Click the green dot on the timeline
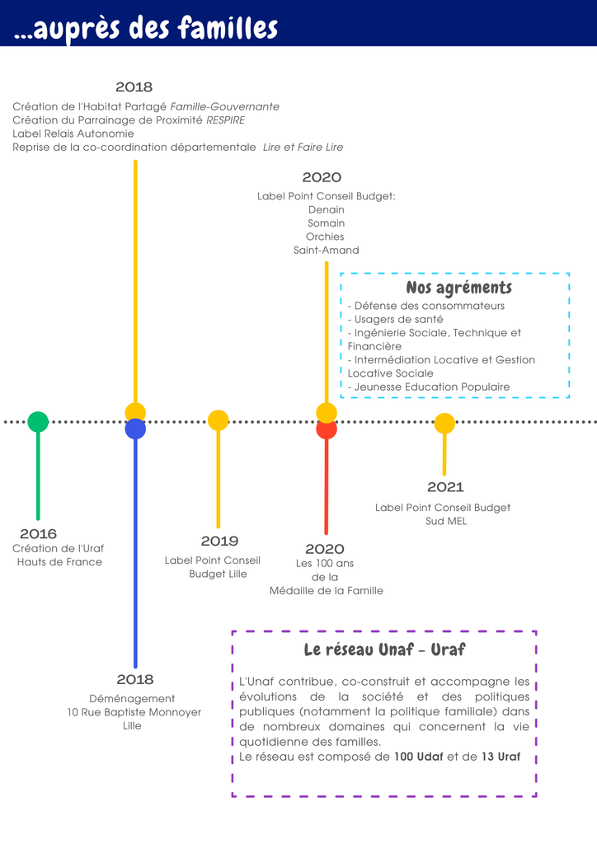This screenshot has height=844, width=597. coord(38,421)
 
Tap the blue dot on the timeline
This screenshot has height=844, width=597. coord(135,429)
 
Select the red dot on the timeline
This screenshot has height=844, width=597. coord(327,429)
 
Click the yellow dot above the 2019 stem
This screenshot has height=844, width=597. coord(218,420)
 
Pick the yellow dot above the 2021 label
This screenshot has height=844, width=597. coord(444,424)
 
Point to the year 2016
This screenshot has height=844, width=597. coord(38,533)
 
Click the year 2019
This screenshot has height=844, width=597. coord(219,541)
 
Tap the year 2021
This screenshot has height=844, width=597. coord(445,486)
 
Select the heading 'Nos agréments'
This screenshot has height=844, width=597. coord(458,288)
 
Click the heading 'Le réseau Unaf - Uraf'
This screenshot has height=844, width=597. coord(384,649)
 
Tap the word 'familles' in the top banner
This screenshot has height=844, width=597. coord(228,27)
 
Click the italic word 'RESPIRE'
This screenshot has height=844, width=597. coord(226,120)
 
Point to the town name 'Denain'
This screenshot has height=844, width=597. coord(327,209)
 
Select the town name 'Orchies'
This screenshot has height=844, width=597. coord(325,237)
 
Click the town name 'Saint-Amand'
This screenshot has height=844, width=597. coord(327,250)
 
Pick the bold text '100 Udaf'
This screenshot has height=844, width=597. coord(419,757)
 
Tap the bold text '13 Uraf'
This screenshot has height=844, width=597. coord(501,757)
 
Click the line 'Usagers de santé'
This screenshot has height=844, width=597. coord(398,319)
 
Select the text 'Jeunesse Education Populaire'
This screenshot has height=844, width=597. coord(432,387)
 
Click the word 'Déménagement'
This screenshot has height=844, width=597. coord(132,699)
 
